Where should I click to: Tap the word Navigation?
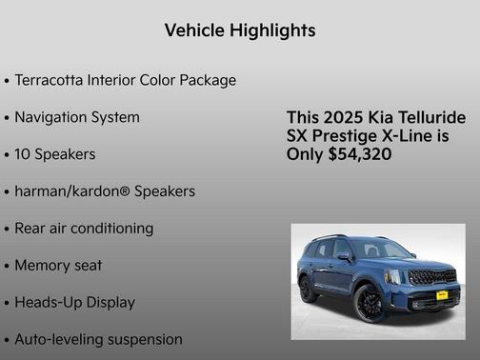(53, 117)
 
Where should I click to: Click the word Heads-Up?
(48, 303)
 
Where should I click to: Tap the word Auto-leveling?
(57, 339)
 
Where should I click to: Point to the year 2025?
(343, 117)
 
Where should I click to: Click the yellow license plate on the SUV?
(441, 294)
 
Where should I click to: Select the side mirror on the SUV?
(345, 256)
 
